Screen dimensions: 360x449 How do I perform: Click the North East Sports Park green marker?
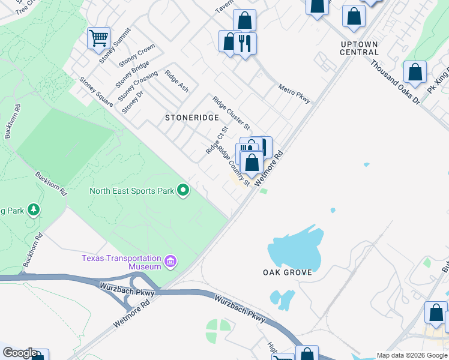(x=184, y=191)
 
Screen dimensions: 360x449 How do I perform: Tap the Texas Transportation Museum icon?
(x=170, y=262)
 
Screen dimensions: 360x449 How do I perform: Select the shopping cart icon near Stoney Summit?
(x=98, y=38)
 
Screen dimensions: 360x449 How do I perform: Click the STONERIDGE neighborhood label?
(x=192, y=118)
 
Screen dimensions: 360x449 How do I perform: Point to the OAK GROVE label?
(x=288, y=272)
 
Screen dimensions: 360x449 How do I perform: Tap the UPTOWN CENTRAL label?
(x=359, y=48)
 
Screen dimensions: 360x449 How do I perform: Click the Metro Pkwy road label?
(x=294, y=94)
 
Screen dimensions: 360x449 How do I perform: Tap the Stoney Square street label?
(x=96, y=92)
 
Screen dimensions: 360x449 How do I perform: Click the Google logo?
(x=20, y=353)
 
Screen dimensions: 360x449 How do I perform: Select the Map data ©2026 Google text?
(x=412, y=355)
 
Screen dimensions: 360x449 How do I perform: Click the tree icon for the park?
(x=34, y=209)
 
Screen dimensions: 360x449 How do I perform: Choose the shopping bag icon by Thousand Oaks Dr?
(x=415, y=72)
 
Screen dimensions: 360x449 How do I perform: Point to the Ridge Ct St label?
(x=217, y=140)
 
